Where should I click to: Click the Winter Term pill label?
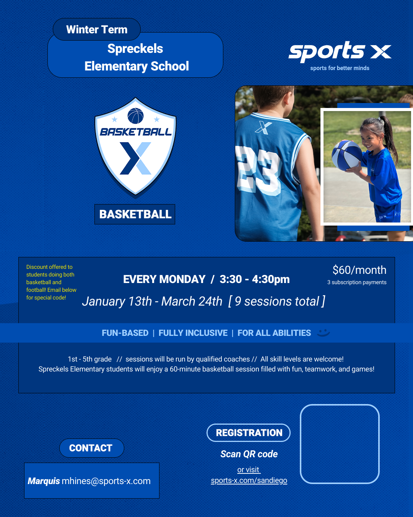pos(96,29)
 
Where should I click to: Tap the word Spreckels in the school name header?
pos(135,49)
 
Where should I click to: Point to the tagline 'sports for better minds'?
pos(340,68)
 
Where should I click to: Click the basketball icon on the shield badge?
pos(135,116)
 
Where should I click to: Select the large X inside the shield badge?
pos(135,158)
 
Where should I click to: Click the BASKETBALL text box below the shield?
pos(135,214)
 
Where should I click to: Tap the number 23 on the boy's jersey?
pos(259,170)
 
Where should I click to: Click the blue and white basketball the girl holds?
pos(346,156)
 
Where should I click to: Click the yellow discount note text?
pos(51,282)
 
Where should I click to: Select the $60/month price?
pos(359,270)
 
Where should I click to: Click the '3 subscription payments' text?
pos(357,282)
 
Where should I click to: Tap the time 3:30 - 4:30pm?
pos(255,279)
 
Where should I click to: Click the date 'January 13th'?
pos(117,301)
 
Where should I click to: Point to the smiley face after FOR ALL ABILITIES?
pos(323,333)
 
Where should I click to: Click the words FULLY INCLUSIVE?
pos(193,333)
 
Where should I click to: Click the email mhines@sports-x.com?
pos(106,481)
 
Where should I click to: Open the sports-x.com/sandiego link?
pos(249,480)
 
